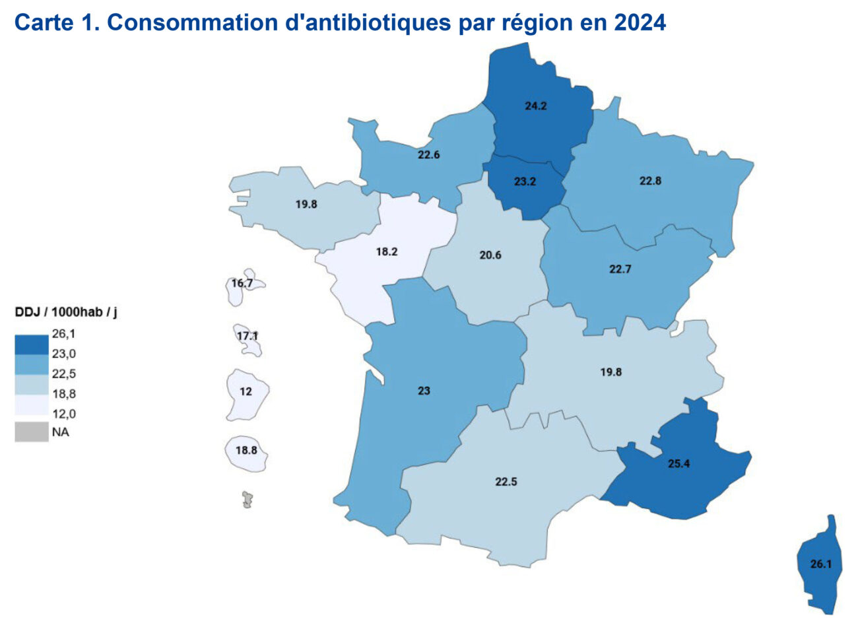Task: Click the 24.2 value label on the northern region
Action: pyautogui.click(x=535, y=106)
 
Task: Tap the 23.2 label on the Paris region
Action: pyautogui.click(x=525, y=181)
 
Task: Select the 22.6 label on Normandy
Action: pyautogui.click(x=428, y=155)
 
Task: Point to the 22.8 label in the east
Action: pyautogui.click(x=650, y=181)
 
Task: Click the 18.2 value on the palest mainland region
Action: pyautogui.click(x=387, y=251)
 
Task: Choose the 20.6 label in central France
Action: pyautogui.click(x=490, y=255)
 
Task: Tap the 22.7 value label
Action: pyautogui.click(x=620, y=269)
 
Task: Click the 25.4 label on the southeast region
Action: pyautogui.click(x=678, y=464)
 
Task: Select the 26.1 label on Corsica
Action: pyautogui.click(x=820, y=564)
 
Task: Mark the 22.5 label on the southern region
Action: pyautogui.click(x=506, y=482)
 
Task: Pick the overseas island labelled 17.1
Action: pyautogui.click(x=247, y=337)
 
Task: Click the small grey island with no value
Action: pyautogui.click(x=247, y=500)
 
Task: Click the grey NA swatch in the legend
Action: pyautogui.click(x=32, y=432)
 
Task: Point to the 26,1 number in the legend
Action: pyautogui.click(x=63, y=334)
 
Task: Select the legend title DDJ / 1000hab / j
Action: pyautogui.click(x=66, y=312)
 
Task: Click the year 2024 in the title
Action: pyautogui.click(x=640, y=22)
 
